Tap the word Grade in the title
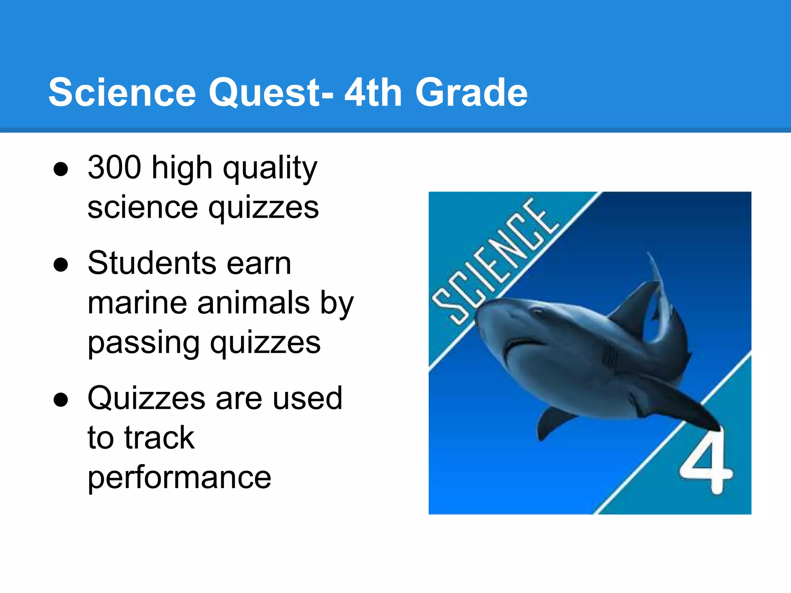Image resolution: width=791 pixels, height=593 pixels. pos(471,93)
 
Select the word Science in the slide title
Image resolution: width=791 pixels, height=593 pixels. pos(122,93)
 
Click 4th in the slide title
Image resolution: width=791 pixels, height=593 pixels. pos(373,93)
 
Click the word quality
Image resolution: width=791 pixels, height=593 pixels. pos(270,169)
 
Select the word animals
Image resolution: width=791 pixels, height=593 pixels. pos(253,303)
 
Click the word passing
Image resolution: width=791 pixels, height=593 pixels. pos(143,344)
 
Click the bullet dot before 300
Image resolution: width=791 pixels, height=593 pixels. pos(61,169)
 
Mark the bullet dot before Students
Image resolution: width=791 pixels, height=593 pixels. pos(61,265)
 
